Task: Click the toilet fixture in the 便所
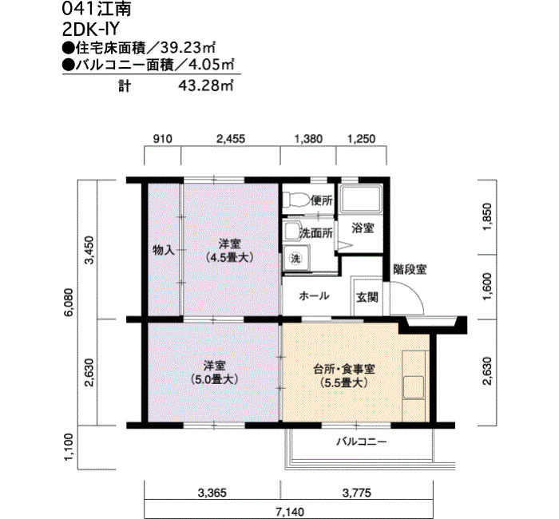tap(296, 200)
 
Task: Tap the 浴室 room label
tap(363, 228)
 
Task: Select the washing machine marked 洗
tap(296, 258)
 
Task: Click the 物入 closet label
tap(164, 250)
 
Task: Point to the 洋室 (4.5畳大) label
tap(230, 251)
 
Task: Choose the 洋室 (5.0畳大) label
tap(214, 373)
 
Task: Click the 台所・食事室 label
tap(344, 369)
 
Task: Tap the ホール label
tap(314, 296)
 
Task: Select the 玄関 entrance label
tap(367, 297)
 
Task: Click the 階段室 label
tap(410, 269)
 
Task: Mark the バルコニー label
tap(362, 442)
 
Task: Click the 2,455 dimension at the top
tap(231, 139)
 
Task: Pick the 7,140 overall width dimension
tap(290, 513)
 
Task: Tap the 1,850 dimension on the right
tap(487, 216)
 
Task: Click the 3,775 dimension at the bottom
tap(356, 493)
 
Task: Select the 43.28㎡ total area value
tap(206, 85)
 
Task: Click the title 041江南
tap(97, 9)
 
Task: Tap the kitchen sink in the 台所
tap(414, 387)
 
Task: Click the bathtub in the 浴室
tap(361, 199)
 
